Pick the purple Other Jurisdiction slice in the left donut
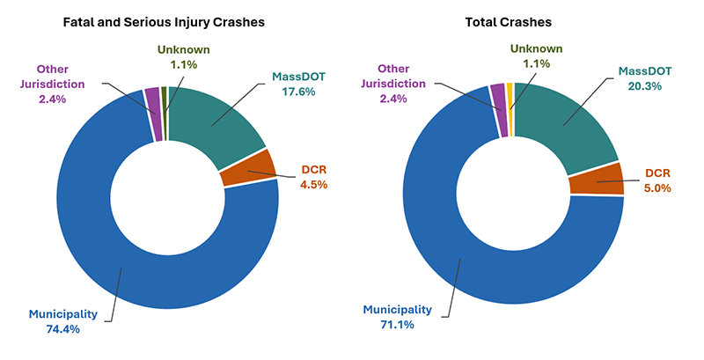click(x=152, y=101)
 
